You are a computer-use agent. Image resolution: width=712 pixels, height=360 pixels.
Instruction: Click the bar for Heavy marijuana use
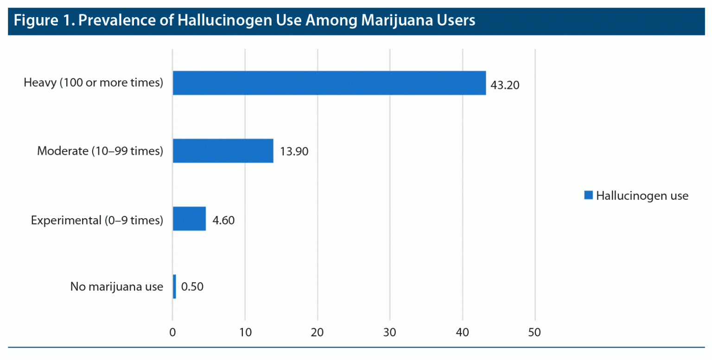coord(329,83)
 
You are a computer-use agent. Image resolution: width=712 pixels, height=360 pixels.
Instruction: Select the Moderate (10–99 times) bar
coord(223,151)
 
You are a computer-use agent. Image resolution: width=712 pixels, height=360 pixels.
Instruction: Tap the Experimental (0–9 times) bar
coord(189,218)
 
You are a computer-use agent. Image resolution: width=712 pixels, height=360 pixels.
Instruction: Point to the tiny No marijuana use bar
coord(174,286)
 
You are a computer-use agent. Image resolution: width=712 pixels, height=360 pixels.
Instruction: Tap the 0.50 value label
coord(192,287)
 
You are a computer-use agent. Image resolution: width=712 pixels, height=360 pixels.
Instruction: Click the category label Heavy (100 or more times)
coord(94,83)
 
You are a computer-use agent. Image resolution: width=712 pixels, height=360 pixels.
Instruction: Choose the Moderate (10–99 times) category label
coord(100,151)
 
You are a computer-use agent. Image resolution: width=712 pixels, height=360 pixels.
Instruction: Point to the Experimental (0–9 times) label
coord(97,219)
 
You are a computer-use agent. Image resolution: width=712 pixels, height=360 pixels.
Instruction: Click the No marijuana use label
coord(117,287)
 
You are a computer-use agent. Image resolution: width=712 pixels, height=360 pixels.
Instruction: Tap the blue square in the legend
coord(588,195)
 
